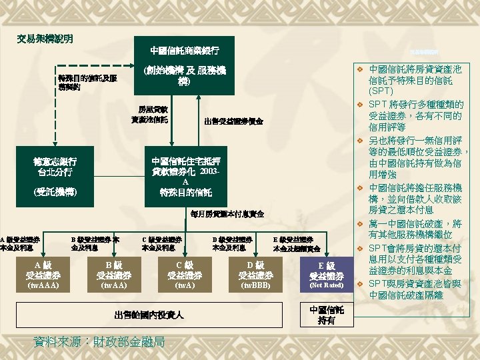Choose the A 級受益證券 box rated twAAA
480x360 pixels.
coord(41,275)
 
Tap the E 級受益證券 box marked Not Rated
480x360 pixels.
coord(327,275)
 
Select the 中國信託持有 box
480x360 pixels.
coord(327,315)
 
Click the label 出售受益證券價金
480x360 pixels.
coord(233,121)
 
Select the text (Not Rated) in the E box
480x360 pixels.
coord(327,285)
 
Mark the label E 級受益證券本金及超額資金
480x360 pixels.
coord(297,243)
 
